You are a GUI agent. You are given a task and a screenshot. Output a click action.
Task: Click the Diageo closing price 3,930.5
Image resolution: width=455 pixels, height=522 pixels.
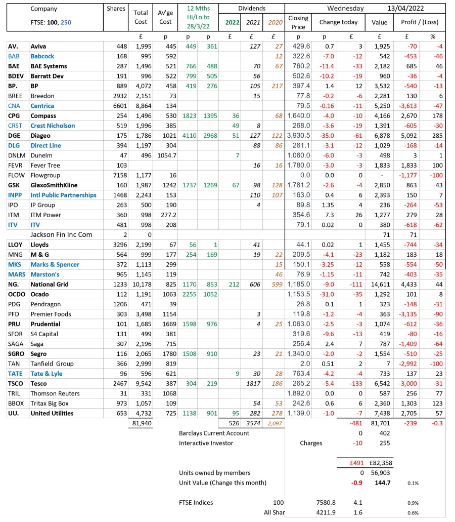(298, 135)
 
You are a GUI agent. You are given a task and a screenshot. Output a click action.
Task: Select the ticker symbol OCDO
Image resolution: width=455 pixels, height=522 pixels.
(16, 294)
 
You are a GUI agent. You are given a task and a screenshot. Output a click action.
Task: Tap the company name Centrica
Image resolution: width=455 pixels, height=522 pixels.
(42, 106)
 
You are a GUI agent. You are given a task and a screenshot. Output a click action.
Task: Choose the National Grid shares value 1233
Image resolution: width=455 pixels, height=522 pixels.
(117, 284)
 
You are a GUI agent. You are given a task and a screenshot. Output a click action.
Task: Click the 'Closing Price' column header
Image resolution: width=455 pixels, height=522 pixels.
(298, 22)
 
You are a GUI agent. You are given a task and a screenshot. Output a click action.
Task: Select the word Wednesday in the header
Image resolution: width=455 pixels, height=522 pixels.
(346, 9)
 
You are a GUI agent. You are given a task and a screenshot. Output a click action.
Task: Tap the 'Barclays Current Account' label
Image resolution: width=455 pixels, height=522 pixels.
(214, 433)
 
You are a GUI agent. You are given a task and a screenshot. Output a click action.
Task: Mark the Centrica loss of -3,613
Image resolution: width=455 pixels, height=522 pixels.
(418, 106)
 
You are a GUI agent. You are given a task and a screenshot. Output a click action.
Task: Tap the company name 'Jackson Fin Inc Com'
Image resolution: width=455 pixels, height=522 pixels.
(61, 234)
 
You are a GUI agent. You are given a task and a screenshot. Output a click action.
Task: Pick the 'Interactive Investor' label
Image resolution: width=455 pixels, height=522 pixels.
(206, 443)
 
